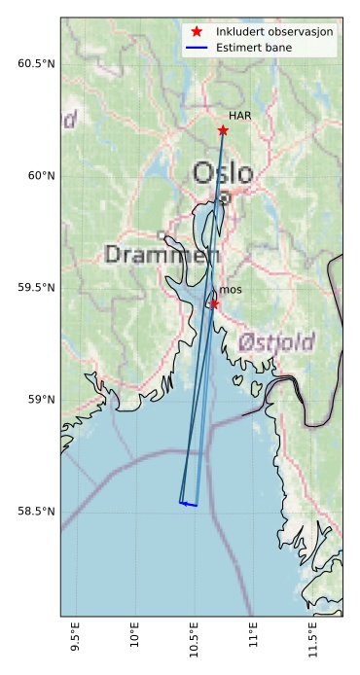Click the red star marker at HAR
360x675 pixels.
[x=223, y=130]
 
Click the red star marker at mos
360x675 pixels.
[x=214, y=303]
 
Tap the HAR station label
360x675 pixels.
[x=240, y=116]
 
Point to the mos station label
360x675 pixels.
[x=231, y=290]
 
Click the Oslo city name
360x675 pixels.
[x=223, y=173]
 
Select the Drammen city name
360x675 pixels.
[x=162, y=256]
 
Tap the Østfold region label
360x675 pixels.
[x=276, y=342]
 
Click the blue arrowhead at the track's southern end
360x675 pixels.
[x=182, y=503]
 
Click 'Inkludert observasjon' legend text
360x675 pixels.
[x=276, y=32]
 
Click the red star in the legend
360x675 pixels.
[x=197, y=32]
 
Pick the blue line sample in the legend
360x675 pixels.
[x=197, y=47]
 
